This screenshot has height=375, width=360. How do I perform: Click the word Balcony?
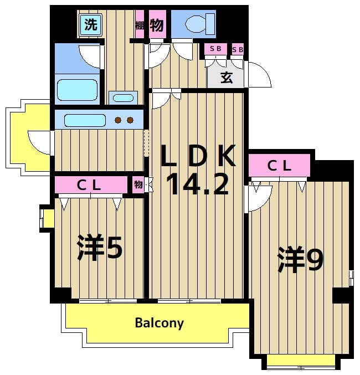click(159, 323)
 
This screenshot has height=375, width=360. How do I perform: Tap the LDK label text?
click(198, 157)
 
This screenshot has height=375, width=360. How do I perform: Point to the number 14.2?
click(197, 184)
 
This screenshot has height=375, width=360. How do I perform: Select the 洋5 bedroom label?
click(100, 248)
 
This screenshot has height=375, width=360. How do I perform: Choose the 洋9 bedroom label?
click(301, 259)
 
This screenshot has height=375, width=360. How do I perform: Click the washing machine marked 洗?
click(90, 24)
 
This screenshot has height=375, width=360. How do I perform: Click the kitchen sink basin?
click(84, 120)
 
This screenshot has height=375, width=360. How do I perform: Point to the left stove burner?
click(118, 120)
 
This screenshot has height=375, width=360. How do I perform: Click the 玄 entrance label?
click(227, 78)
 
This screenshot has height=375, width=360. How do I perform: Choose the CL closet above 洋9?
click(279, 165)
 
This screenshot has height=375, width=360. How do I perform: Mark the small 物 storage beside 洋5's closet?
click(138, 185)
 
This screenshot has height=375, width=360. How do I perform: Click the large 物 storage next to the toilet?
click(157, 25)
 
